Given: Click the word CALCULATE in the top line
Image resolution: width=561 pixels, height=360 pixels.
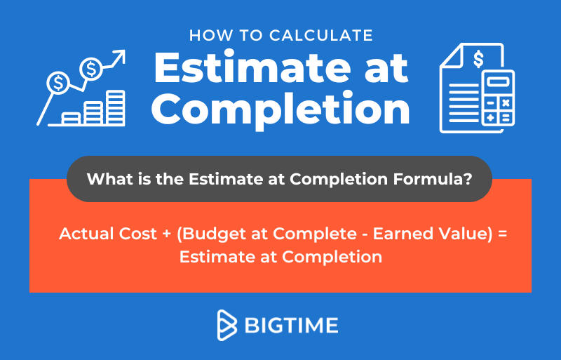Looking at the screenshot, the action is [x=321, y=36].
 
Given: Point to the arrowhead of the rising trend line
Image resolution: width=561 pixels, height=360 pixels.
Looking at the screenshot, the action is [x=120, y=56].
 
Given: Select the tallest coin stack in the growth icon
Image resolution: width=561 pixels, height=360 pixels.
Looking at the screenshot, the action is [x=116, y=107].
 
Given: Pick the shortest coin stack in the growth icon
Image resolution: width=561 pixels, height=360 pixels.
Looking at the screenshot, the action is [x=71, y=118].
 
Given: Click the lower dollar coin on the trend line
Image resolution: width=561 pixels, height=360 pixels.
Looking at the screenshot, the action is [x=58, y=83].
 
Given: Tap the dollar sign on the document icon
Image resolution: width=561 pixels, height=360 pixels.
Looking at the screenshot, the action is [x=478, y=59].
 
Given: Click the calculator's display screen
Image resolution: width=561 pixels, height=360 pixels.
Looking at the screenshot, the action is [x=498, y=81].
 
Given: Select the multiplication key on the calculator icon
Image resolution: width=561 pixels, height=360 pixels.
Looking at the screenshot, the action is [x=506, y=103].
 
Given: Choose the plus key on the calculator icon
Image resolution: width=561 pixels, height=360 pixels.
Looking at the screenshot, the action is [x=490, y=117].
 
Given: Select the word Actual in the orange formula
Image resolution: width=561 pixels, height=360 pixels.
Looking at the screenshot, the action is [x=86, y=234].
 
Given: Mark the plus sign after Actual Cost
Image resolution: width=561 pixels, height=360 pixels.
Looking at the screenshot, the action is [x=167, y=234].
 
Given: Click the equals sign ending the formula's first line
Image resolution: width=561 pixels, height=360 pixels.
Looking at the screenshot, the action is [x=502, y=234].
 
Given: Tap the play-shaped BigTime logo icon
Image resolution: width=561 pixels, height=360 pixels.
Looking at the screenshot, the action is [x=227, y=325].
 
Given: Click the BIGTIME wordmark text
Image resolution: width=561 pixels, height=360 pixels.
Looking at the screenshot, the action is [x=291, y=326].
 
